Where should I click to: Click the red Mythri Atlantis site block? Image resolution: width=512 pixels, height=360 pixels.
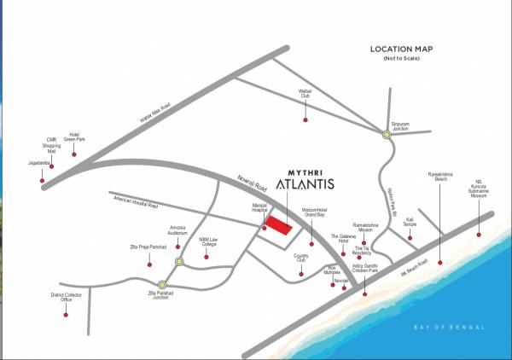tap(276, 224)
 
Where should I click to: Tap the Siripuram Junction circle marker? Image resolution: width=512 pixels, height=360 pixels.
tap(387, 134)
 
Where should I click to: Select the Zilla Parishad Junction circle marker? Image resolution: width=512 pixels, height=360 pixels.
tap(162, 284)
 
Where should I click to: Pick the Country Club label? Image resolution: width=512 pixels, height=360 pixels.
tap(301, 258)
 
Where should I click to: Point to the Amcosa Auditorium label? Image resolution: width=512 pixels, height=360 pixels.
tap(178, 230)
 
